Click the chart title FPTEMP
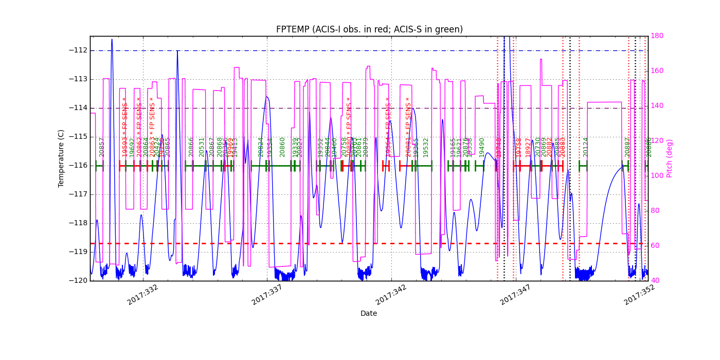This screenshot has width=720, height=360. pos(369,29)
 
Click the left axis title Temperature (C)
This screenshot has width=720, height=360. pos(61,158)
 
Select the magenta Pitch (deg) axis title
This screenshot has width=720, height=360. pos(670,158)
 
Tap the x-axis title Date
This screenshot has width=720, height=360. pos(369,313)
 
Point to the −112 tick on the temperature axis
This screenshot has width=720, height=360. pos(78,50)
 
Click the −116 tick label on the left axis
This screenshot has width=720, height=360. pos(78,166)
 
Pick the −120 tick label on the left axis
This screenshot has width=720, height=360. pos(78,281)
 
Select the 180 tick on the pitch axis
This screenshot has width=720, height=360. pos(657,36)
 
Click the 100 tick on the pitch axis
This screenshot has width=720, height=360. pos(657,176)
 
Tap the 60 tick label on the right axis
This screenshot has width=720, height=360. pos(655,246)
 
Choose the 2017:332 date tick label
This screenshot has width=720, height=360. pos(142,295)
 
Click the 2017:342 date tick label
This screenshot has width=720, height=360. pos(391,295)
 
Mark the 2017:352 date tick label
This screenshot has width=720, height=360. pos(639,295)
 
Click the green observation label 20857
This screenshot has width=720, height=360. pos(102,147)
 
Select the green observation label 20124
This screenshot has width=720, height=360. pos(586,147)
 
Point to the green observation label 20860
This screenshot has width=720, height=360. pos(282,147)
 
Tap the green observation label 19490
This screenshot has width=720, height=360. pos(482,147)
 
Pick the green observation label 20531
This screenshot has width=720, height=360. pos(202,147)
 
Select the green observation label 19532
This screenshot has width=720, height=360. pos(426,147)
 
